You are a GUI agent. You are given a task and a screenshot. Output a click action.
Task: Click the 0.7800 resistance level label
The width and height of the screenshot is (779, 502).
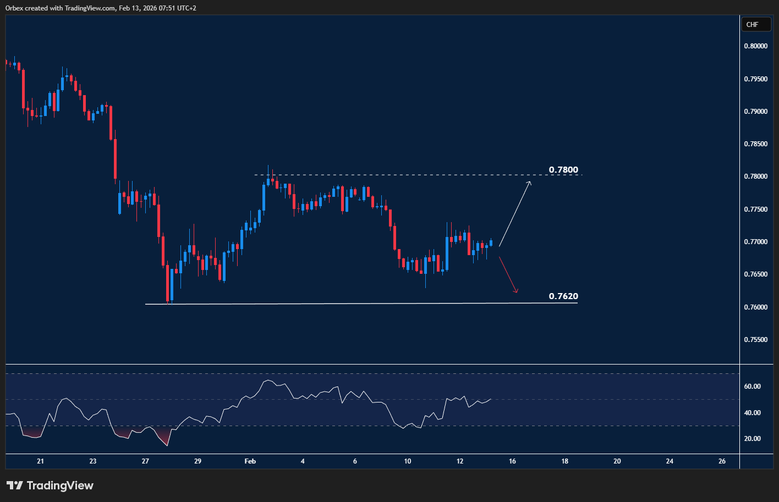(563, 170)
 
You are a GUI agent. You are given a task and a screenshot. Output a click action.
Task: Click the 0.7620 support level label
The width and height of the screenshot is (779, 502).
(563, 296)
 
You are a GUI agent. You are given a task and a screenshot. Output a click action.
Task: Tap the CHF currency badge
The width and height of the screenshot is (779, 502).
(752, 25)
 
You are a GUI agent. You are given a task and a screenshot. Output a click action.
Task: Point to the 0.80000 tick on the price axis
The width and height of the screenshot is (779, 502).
(755, 46)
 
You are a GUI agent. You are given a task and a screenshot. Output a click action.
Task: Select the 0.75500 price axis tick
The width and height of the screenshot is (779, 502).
(755, 340)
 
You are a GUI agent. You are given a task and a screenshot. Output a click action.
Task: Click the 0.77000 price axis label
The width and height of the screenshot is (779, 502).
(755, 242)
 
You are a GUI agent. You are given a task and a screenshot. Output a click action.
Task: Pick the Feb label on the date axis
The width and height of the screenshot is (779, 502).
(250, 461)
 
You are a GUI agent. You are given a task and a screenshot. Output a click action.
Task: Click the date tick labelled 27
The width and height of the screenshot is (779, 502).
(145, 461)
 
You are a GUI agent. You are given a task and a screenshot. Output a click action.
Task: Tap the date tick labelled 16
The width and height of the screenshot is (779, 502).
(512, 461)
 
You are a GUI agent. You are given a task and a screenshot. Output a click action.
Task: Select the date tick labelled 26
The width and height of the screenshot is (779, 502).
(722, 461)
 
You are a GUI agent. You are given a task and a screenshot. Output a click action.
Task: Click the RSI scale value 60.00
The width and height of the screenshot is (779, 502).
(752, 387)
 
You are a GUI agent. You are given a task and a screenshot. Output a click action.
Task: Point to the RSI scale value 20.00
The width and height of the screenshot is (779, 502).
(752, 439)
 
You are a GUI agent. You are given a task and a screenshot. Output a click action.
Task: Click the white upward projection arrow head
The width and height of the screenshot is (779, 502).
(529, 183)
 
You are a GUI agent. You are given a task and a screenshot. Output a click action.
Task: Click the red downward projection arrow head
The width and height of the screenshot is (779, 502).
(516, 291)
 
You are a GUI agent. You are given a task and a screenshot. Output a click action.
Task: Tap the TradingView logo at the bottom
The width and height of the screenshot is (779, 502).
(50, 486)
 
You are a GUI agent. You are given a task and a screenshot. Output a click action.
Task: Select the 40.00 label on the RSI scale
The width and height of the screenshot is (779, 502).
(752, 413)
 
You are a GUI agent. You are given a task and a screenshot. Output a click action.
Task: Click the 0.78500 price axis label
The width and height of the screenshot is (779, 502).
(755, 144)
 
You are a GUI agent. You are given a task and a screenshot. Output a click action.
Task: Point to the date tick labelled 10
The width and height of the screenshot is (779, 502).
(408, 461)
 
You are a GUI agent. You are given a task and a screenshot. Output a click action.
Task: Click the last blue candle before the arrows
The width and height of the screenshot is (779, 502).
(491, 242)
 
